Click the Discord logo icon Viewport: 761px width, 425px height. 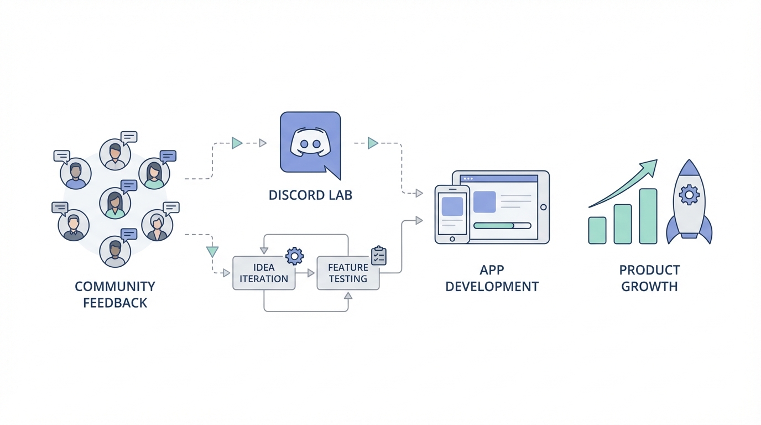pyautogui.click(x=310, y=142)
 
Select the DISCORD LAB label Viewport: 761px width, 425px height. pyautogui.click(x=310, y=195)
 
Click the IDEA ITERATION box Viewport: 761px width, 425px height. pyautogui.click(x=264, y=273)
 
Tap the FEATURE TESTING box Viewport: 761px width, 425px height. pyautogui.click(x=348, y=273)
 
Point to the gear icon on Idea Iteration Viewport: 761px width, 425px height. pyautogui.click(x=294, y=255)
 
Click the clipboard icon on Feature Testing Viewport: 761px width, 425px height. pyautogui.click(x=379, y=256)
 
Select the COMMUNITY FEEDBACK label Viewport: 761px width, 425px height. pyautogui.click(x=115, y=294)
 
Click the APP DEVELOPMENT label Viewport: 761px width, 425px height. pyautogui.click(x=492, y=278)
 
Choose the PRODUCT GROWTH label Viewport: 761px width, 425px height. pyautogui.click(x=649, y=278)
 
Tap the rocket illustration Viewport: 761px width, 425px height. pyautogui.click(x=689, y=202)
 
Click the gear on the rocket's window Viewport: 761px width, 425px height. pyautogui.click(x=689, y=195)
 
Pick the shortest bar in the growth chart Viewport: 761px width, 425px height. pyautogui.click(x=597, y=230)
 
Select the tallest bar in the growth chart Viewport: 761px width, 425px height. pyautogui.click(x=648, y=216)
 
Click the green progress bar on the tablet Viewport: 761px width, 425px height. pyautogui.click(x=494, y=226)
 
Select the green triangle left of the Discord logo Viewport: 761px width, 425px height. pyautogui.click(x=237, y=143)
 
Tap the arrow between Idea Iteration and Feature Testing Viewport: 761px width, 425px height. pyautogui.click(x=306, y=273)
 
